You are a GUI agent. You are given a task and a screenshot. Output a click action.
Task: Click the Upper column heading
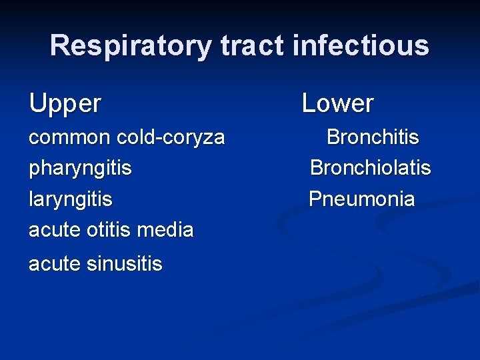[x=65, y=104]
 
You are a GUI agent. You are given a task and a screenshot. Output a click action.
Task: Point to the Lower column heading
[x=338, y=103]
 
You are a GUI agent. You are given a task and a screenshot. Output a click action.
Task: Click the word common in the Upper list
[x=69, y=137]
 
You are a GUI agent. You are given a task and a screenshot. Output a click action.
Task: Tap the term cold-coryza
[x=171, y=137]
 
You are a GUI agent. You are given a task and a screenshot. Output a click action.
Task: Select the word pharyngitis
[x=80, y=168]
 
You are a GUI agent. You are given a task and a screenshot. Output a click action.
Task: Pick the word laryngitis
[x=71, y=199]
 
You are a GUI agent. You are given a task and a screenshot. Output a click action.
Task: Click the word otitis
[x=111, y=230]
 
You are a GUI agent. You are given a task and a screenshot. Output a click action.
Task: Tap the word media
[x=167, y=230]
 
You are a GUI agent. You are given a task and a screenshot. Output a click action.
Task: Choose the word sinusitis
[x=125, y=264]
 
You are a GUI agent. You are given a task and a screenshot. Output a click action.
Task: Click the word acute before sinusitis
[x=55, y=264]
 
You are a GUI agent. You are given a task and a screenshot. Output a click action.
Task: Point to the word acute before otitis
[x=55, y=230]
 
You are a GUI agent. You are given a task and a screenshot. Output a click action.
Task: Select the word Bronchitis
[x=373, y=137]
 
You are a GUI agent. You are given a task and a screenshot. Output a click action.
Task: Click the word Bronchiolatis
[x=371, y=168]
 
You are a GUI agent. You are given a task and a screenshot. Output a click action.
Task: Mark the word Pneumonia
[x=362, y=199]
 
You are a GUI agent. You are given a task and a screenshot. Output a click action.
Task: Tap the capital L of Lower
[x=309, y=103]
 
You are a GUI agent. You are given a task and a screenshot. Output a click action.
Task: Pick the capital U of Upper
[x=37, y=103]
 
